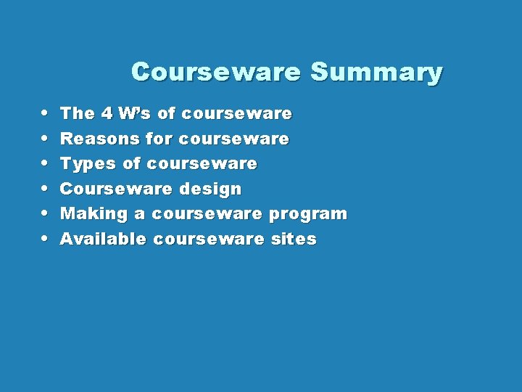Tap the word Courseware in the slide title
click(215, 72)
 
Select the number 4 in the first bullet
click(107, 113)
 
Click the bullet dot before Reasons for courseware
click(45, 138)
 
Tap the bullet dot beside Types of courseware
click(45, 163)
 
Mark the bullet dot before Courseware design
click(45, 189)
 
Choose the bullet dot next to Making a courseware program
click(45, 213)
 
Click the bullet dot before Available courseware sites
click(45, 239)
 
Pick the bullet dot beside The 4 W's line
click(45, 113)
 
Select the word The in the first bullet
click(78, 113)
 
